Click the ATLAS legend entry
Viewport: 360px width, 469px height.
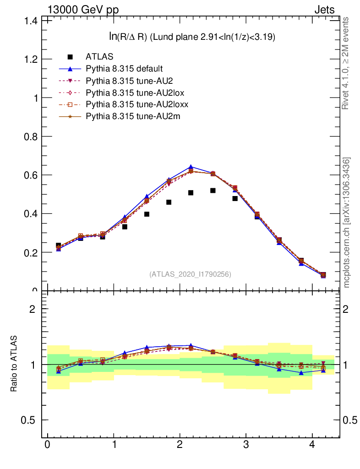pyautogui.click(x=99, y=57)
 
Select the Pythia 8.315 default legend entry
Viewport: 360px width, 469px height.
pyautogui.click(x=124, y=69)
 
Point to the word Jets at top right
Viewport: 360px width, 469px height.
pyautogui.click(x=324, y=10)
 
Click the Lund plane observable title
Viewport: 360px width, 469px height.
pyautogui.click(x=189, y=37)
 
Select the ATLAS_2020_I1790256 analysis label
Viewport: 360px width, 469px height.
pyautogui.click(x=190, y=274)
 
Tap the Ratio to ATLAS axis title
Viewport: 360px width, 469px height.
pyautogui.click(x=14, y=364)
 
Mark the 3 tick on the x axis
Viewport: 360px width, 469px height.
pyautogui.click(x=245, y=444)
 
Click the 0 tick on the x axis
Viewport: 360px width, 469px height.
pyautogui.click(x=47, y=444)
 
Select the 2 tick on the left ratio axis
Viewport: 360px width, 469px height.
pyautogui.click(x=33, y=309)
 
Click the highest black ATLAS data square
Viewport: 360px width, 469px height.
pyautogui.click(x=213, y=190)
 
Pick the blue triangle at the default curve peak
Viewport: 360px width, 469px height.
pyautogui.click(x=191, y=167)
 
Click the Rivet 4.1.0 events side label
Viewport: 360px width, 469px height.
pyautogui.click(x=346, y=63)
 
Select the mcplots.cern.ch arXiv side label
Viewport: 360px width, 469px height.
pyautogui.click(x=346, y=222)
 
